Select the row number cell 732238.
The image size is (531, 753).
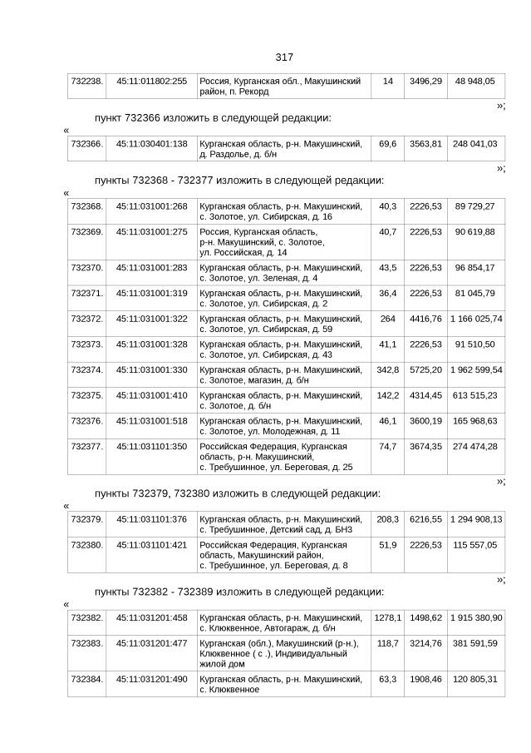coord(87,82)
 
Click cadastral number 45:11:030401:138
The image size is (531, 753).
coord(151,144)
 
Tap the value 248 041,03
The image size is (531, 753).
coord(475,144)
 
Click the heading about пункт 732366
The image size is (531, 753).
coord(213,117)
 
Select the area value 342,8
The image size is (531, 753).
coord(387,369)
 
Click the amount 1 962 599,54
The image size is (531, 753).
coord(475,369)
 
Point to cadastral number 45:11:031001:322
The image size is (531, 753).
coord(151,319)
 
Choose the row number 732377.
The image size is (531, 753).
coord(87,447)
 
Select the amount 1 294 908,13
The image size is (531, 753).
coord(475,519)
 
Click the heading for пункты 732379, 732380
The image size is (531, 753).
coord(238,493)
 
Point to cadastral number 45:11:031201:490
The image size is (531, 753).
coord(151,680)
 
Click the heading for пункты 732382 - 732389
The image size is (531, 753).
coord(239,592)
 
